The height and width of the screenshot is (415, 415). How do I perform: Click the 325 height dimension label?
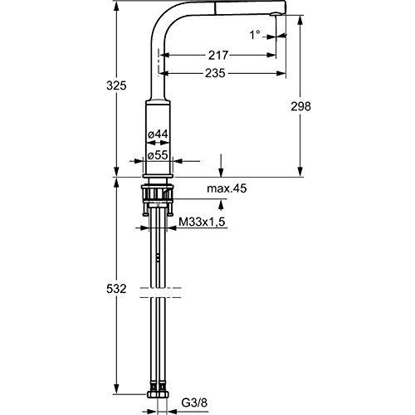click(x=116, y=85)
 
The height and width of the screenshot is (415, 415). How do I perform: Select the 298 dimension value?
click(x=300, y=106)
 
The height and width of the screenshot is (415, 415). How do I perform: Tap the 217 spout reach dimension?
click(x=218, y=56)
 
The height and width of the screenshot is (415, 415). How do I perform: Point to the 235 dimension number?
click(x=215, y=73)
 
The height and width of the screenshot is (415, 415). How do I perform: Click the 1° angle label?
click(x=255, y=35)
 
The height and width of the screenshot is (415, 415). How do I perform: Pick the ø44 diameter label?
click(x=158, y=134)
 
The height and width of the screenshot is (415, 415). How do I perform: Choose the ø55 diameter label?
click(x=158, y=155)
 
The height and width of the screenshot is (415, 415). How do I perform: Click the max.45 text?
click(x=227, y=188)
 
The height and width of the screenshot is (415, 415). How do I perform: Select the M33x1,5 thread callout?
click(x=203, y=222)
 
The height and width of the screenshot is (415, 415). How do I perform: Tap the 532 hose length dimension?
click(x=116, y=289)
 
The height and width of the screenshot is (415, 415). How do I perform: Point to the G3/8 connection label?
click(x=194, y=403)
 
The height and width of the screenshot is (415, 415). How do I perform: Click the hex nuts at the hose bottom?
click(x=158, y=394)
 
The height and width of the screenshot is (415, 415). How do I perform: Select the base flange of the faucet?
click(x=158, y=176)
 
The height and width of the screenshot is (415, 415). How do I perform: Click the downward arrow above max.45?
click(x=221, y=165)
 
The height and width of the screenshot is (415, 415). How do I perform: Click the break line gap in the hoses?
click(x=160, y=293)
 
